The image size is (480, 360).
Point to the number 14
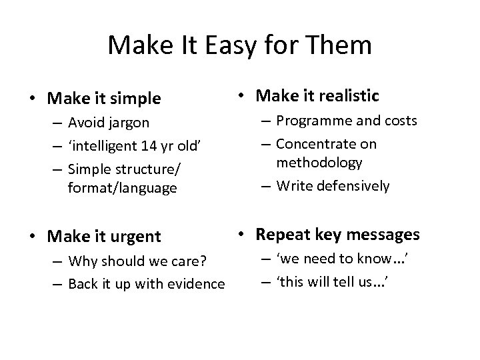pyautogui.click(x=152, y=145)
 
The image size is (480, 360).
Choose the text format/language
pyautogui.click(x=123, y=188)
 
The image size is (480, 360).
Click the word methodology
pyautogui.click(x=319, y=163)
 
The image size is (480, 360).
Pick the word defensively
pyautogui.click(x=351, y=185)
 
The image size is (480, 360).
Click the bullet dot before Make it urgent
pyautogui.click(x=31, y=237)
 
